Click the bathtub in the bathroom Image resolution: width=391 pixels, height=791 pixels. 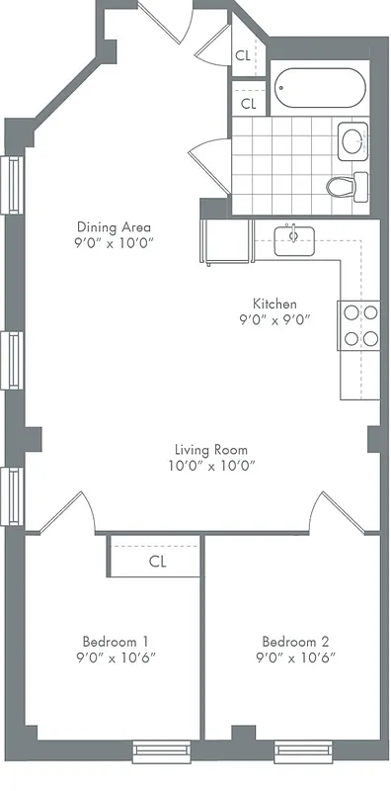pyautogui.click(x=320, y=90)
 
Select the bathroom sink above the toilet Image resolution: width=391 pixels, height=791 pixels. pyautogui.click(x=352, y=141)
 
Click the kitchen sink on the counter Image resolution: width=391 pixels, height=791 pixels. pyautogui.click(x=293, y=239)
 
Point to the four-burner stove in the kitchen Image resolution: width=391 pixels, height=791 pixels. pyautogui.click(x=359, y=326)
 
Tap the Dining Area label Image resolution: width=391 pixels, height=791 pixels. pyautogui.click(x=116, y=224)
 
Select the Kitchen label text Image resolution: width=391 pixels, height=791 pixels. pyautogui.click(x=274, y=304)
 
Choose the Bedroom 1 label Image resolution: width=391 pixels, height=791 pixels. pyautogui.click(x=115, y=639)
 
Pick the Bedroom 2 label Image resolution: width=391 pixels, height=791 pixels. pyautogui.click(x=295, y=639)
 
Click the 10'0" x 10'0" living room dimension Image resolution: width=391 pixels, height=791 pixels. pyautogui.click(x=211, y=466)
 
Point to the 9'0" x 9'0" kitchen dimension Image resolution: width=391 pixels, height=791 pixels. pyautogui.click(x=274, y=319)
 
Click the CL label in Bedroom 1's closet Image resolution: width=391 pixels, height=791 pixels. pyautogui.click(x=157, y=561)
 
